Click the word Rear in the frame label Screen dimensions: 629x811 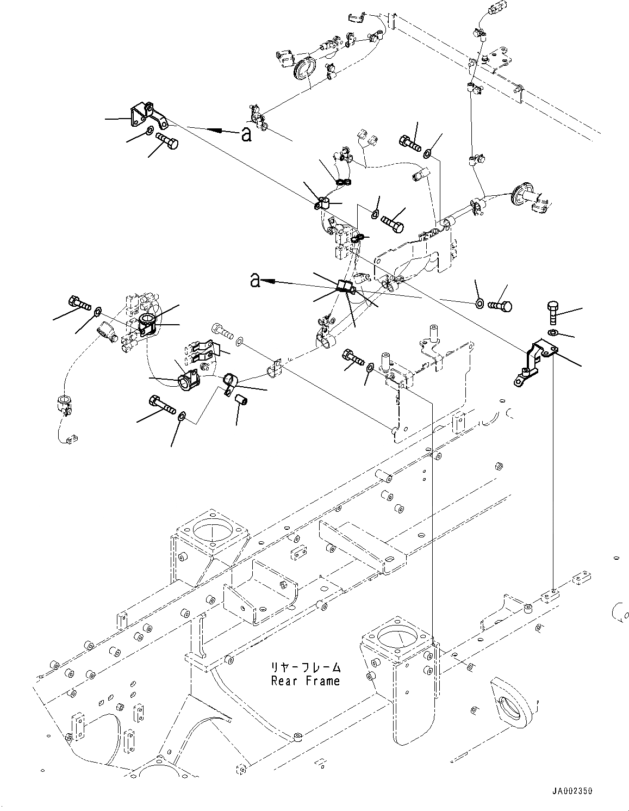pyautogui.click(x=284, y=681)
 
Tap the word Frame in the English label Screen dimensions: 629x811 pyautogui.click(x=322, y=681)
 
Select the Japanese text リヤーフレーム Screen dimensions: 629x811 pyautogui.click(x=306, y=666)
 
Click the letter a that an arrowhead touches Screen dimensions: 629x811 pyautogui.click(x=254, y=280)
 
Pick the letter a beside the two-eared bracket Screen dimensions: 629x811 pyautogui.click(x=246, y=134)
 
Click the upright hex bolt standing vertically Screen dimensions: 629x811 pyautogui.click(x=553, y=313)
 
